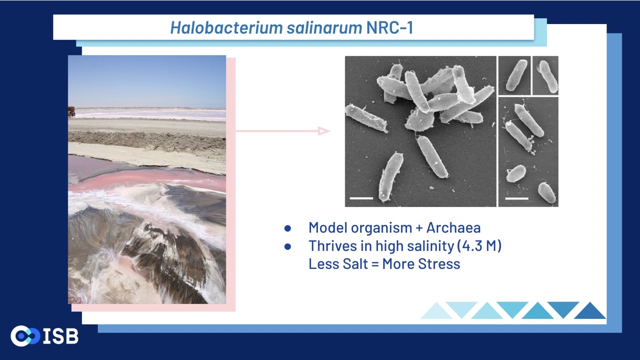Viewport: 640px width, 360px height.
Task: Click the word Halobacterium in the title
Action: pyautogui.click(x=226, y=27)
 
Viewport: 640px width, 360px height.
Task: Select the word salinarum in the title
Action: pyautogui.click(x=324, y=27)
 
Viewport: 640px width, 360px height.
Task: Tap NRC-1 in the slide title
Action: pyautogui.click(x=389, y=27)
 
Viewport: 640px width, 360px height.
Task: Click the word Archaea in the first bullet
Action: pyautogui.click(x=453, y=227)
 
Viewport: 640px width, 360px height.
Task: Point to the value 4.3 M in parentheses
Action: pyautogui.click(x=479, y=245)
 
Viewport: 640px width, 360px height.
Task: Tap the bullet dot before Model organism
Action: pyautogui.click(x=287, y=228)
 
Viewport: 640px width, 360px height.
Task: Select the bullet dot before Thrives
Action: pyautogui.click(x=287, y=246)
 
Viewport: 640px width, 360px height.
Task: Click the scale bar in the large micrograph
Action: pyautogui.click(x=361, y=198)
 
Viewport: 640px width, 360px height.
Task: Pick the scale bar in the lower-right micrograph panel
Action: pyautogui.click(x=516, y=198)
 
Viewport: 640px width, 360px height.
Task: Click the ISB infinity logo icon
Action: pyautogui.click(x=25, y=336)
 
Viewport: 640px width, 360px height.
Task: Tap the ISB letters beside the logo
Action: pyautogui.click(x=61, y=336)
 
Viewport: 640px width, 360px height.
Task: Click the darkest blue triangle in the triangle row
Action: pyautogui.click(x=589, y=310)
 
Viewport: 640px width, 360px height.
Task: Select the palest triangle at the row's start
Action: pyautogui.click(x=436, y=310)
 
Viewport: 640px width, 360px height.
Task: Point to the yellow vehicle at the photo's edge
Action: pyautogui.click(x=71, y=111)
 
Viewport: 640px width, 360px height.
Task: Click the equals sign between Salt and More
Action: pyautogui.click(x=375, y=263)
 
